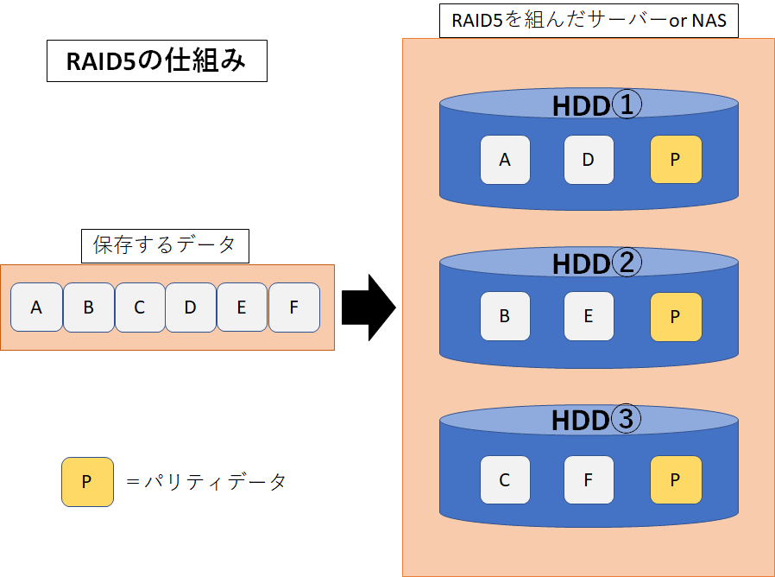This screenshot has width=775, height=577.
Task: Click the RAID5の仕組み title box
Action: [x=156, y=62]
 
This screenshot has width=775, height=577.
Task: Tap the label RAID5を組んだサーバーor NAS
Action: [x=589, y=20]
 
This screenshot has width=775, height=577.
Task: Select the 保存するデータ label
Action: [x=164, y=245]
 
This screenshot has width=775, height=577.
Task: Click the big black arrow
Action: [x=368, y=308]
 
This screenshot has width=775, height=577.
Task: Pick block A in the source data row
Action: [x=36, y=308]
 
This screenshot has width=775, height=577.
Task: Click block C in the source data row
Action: [x=139, y=308]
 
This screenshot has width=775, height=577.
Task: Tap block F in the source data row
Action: [x=293, y=308]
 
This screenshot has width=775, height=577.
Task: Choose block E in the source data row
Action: [x=242, y=308]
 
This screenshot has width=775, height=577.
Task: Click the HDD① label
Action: [x=596, y=106]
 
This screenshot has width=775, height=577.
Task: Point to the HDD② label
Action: [x=596, y=263]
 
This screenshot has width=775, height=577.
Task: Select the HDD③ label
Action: [x=596, y=421]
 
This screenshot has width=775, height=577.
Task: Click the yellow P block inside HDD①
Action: [x=676, y=160]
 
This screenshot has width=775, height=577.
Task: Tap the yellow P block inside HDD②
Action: [x=676, y=317]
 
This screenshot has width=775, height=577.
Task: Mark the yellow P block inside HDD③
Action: [x=676, y=480]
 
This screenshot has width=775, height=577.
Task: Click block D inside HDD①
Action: [x=589, y=160]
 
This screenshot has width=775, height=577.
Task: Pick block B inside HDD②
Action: [x=505, y=317]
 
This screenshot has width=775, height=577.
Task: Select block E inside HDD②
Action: [x=589, y=317]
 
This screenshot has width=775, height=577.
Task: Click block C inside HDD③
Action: [x=505, y=480]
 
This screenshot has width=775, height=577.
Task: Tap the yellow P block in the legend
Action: [x=86, y=482]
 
